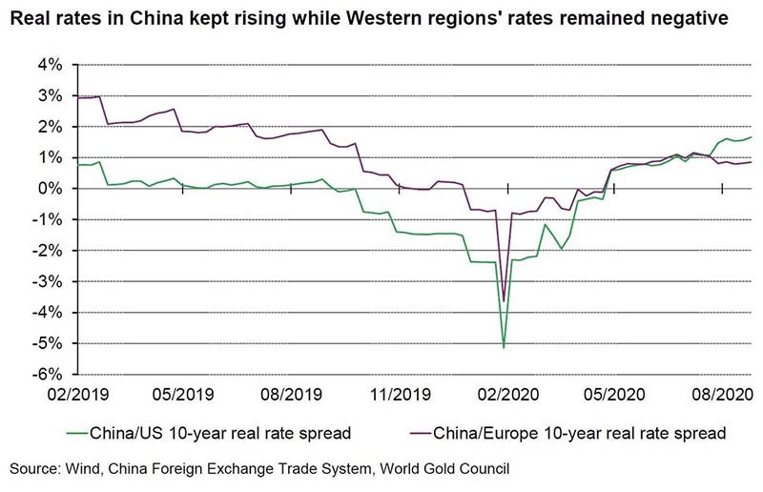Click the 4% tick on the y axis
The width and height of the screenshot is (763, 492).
(50, 65)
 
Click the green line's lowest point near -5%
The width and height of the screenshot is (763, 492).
(504, 347)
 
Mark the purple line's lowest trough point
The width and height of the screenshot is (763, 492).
(504, 301)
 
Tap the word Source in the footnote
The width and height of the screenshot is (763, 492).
(35, 468)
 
